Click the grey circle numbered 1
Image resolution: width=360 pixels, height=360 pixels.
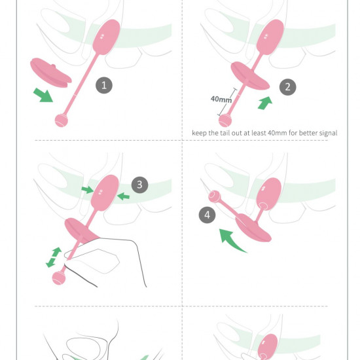pos(103,84)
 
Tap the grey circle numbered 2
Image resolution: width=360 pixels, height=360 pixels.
pos(285,86)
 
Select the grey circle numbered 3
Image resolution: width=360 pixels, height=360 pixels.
pos(138,185)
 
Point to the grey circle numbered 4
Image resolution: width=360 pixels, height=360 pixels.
pos(207,214)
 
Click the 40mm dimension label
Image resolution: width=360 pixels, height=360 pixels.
pos(220,99)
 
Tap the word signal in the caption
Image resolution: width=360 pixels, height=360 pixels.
pos(325,133)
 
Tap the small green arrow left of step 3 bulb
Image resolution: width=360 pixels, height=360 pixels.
pos(87,190)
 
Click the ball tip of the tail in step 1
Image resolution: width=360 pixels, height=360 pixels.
pos(61,120)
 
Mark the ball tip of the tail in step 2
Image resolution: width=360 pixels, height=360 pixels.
pos(225,120)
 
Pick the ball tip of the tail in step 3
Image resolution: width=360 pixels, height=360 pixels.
pos(58,278)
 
